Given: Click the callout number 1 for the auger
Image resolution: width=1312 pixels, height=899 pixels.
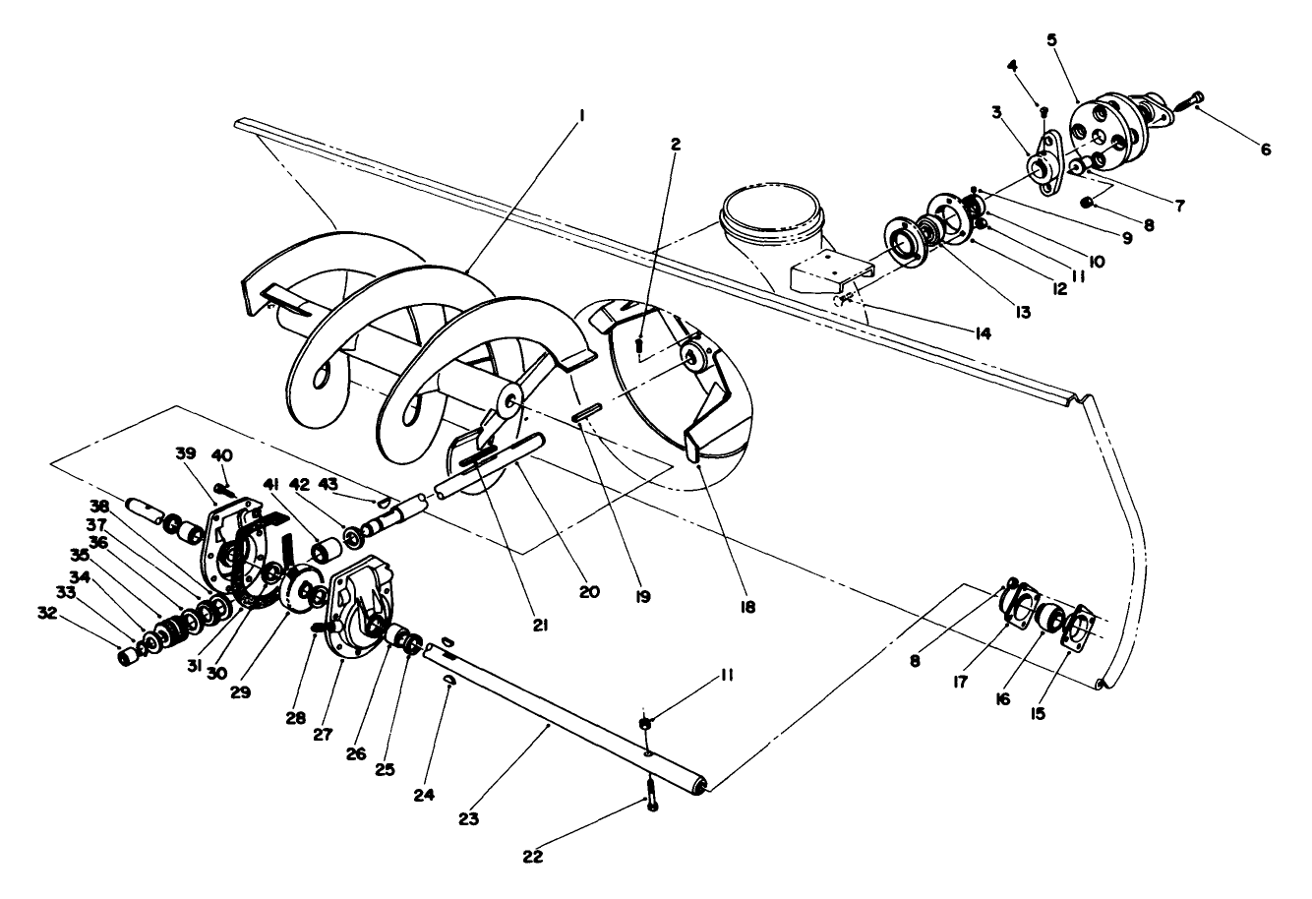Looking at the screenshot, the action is [581, 116].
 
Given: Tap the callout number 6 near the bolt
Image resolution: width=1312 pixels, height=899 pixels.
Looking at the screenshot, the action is [1266, 150].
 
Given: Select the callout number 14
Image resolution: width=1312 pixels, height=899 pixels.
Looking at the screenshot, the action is [983, 333].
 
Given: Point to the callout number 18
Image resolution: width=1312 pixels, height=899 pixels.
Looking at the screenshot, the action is [747, 607].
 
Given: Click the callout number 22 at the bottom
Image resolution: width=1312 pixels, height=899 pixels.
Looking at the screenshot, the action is [532, 857].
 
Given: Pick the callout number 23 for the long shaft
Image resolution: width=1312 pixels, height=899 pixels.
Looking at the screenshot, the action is [468, 819].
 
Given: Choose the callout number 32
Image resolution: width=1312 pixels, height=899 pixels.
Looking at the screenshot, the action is [48, 613].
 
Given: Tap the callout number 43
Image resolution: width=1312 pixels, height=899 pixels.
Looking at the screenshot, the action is [328, 484].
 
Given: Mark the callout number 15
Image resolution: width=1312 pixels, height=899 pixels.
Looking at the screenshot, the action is [1038, 714].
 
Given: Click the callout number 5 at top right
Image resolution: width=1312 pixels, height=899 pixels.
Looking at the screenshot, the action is [1052, 40].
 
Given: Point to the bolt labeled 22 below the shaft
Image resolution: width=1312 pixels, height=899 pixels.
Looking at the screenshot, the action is [651, 795].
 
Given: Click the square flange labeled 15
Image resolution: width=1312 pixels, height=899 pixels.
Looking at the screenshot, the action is [1077, 629].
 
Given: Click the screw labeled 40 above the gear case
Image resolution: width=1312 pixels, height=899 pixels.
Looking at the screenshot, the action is [225, 489].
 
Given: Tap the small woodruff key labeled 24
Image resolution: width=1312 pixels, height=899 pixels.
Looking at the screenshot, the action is [449, 679].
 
